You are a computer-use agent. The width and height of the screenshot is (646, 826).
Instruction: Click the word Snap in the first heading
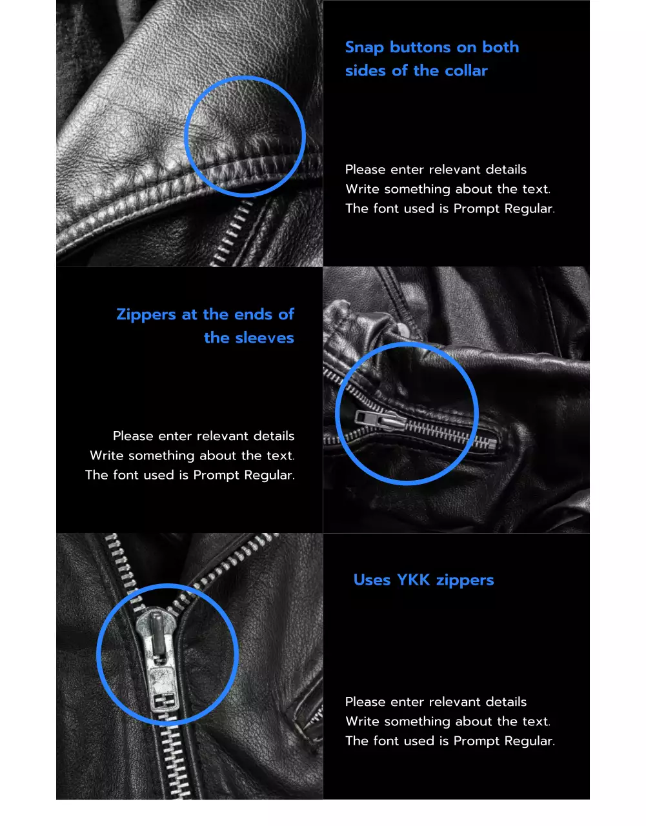tap(365, 48)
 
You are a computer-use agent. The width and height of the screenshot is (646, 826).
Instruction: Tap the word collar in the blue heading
tap(466, 71)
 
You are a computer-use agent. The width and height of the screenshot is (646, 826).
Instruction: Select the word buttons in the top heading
tap(420, 48)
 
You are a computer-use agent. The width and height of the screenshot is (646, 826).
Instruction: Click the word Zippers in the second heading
tap(146, 315)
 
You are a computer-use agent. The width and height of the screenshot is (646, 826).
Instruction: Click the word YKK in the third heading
tap(413, 580)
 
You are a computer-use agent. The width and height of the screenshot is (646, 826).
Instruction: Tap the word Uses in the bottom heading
tap(372, 580)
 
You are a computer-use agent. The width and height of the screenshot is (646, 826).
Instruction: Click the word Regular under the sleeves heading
tap(268, 476)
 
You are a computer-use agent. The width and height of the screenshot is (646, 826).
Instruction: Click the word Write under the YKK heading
tap(362, 721)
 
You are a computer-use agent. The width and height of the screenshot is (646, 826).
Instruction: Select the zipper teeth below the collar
tap(232, 236)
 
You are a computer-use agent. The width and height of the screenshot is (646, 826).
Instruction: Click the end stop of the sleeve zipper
tap(492, 443)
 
